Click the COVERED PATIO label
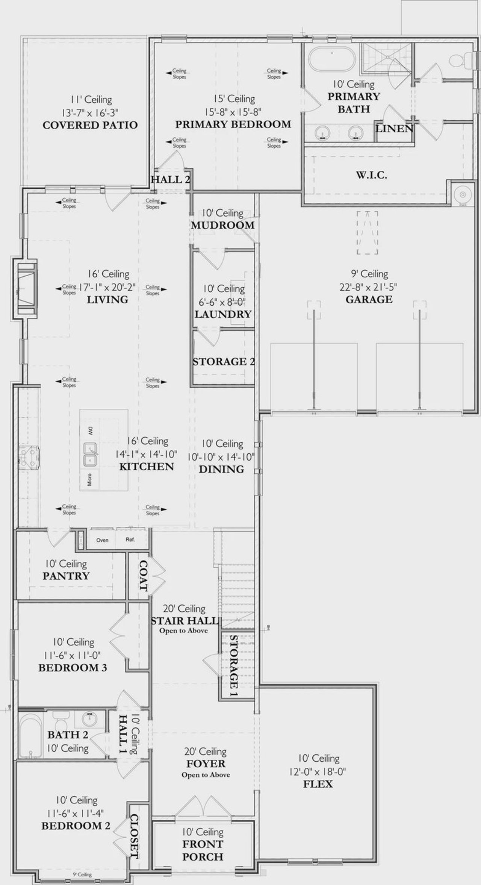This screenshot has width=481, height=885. click(90, 125)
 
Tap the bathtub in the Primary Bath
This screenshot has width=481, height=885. click(332, 59)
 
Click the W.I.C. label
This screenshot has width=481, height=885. click(372, 175)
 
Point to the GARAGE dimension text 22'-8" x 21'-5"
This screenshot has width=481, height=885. click(368, 287)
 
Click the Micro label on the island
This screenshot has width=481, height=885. click(89, 479)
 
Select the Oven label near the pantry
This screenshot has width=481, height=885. click(102, 540)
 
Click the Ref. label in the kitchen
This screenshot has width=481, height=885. click(130, 539)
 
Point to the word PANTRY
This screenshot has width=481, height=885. click(66, 576)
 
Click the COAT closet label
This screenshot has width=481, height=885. click(143, 575)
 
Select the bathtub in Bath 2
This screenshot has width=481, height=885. click(30, 735)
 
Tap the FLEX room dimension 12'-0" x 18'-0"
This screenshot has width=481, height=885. click(318, 772)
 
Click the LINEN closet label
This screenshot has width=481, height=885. click(394, 129)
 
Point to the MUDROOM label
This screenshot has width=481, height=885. click(222, 226)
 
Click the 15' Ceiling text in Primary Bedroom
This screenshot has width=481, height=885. click(234, 99)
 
